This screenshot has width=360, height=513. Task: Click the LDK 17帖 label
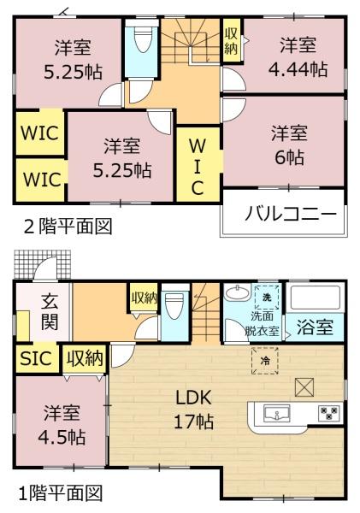click(x=194, y=410)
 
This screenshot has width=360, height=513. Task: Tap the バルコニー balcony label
click(x=291, y=215)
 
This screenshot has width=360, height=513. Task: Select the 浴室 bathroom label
click(x=315, y=327)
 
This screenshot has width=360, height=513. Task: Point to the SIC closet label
click(x=36, y=358)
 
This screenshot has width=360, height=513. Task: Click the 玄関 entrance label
click(x=50, y=312)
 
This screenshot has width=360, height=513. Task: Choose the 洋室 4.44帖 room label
click(x=298, y=57)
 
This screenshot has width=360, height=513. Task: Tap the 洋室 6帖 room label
click(x=289, y=145)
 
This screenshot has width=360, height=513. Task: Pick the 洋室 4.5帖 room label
click(x=62, y=424)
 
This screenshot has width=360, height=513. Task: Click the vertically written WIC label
click(x=198, y=167)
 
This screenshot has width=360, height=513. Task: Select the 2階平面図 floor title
click(x=68, y=226)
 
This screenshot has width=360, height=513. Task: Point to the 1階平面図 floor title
click(x=61, y=493)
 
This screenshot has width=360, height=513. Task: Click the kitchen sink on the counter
click(x=276, y=414)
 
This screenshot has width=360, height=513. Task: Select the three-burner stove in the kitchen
click(x=329, y=413)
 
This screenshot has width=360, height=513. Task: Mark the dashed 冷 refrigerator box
click(x=264, y=361)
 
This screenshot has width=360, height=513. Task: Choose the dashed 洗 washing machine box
click(x=267, y=297)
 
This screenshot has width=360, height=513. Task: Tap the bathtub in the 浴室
click(x=315, y=298)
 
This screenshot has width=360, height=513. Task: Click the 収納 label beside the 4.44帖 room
click(x=232, y=41)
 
